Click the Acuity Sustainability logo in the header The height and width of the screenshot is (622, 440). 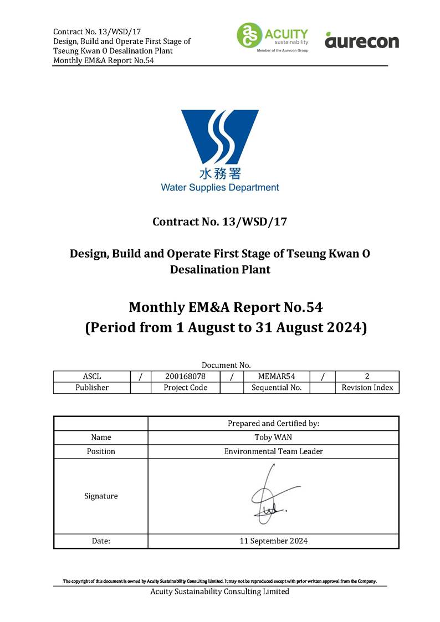(x=272, y=37)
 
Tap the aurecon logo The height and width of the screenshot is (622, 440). (x=361, y=40)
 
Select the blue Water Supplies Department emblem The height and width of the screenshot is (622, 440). (x=220, y=136)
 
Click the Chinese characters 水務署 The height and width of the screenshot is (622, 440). (x=220, y=174)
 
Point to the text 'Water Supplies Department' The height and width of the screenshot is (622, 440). (x=220, y=187)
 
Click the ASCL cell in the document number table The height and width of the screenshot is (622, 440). (x=91, y=377)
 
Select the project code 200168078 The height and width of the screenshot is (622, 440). (x=185, y=377)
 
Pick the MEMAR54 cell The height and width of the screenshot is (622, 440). (x=277, y=377)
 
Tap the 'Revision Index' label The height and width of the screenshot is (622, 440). (x=367, y=388)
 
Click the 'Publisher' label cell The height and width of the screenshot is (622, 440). (x=91, y=388)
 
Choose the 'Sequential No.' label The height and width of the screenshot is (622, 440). (x=277, y=388)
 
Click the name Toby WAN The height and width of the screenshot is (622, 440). (x=273, y=437)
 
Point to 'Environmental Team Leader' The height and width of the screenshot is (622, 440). (x=273, y=451)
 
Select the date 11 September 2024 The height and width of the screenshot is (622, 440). (x=273, y=541)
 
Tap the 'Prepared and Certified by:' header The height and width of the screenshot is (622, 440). (x=273, y=423)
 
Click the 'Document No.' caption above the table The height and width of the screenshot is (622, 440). (x=226, y=365)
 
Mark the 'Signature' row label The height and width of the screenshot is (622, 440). (x=101, y=496)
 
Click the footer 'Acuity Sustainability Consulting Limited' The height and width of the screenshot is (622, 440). (x=220, y=592)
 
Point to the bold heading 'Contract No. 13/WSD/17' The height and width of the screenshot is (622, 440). (x=220, y=222)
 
